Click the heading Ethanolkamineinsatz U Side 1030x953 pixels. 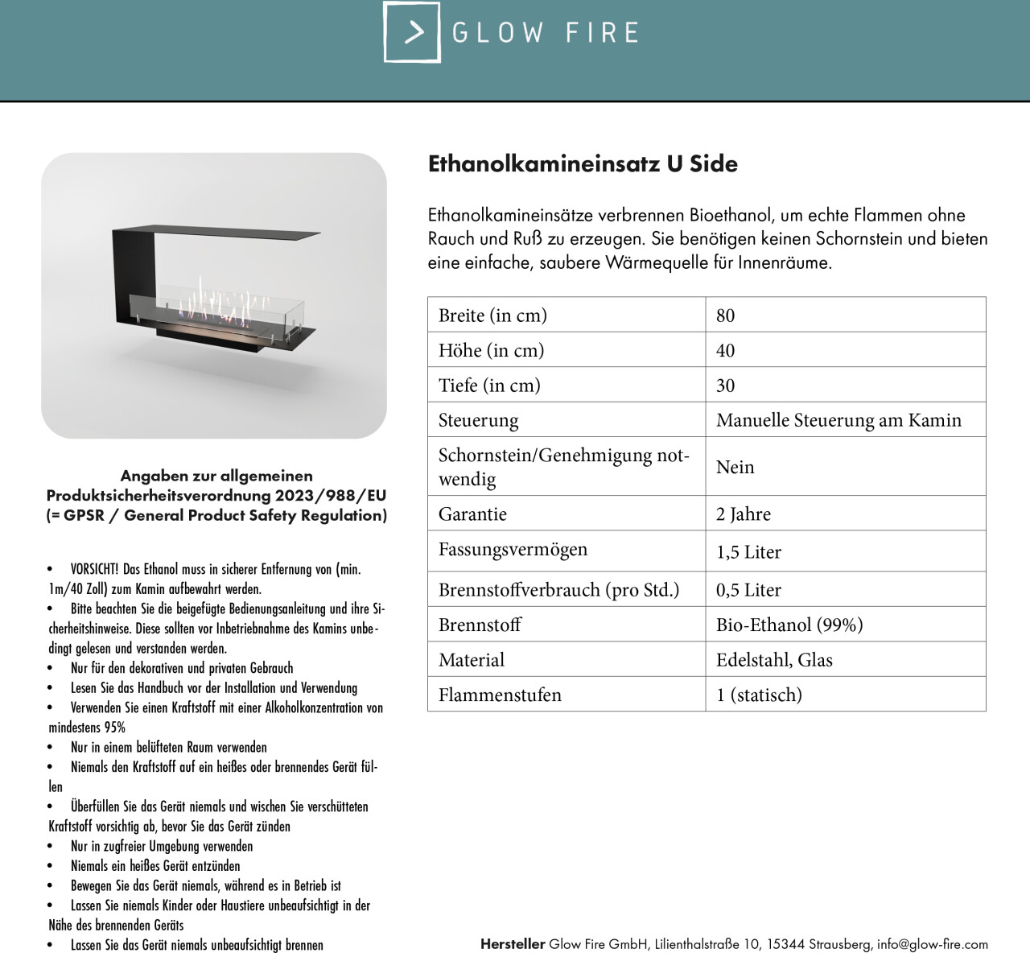click(x=583, y=163)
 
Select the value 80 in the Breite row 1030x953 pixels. click(x=725, y=316)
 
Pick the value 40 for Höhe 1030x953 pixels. click(x=725, y=350)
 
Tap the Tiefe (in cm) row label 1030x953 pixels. click(x=489, y=385)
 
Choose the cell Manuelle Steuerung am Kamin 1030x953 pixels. click(x=838, y=420)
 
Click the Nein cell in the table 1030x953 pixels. click(x=735, y=467)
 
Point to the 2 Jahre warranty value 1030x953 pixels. click(x=743, y=514)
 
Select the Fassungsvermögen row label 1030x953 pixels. click(x=513, y=549)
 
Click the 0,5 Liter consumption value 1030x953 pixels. click(x=748, y=590)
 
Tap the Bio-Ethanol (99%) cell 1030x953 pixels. click(x=789, y=625)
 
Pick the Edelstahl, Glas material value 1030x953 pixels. click(x=774, y=660)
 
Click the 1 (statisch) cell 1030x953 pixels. click(x=759, y=695)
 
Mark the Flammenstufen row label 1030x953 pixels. click(x=500, y=695)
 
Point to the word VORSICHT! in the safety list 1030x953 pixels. click(x=94, y=569)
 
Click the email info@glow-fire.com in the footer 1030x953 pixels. click(x=932, y=944)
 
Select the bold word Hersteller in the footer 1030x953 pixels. click(x=513, y=944)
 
